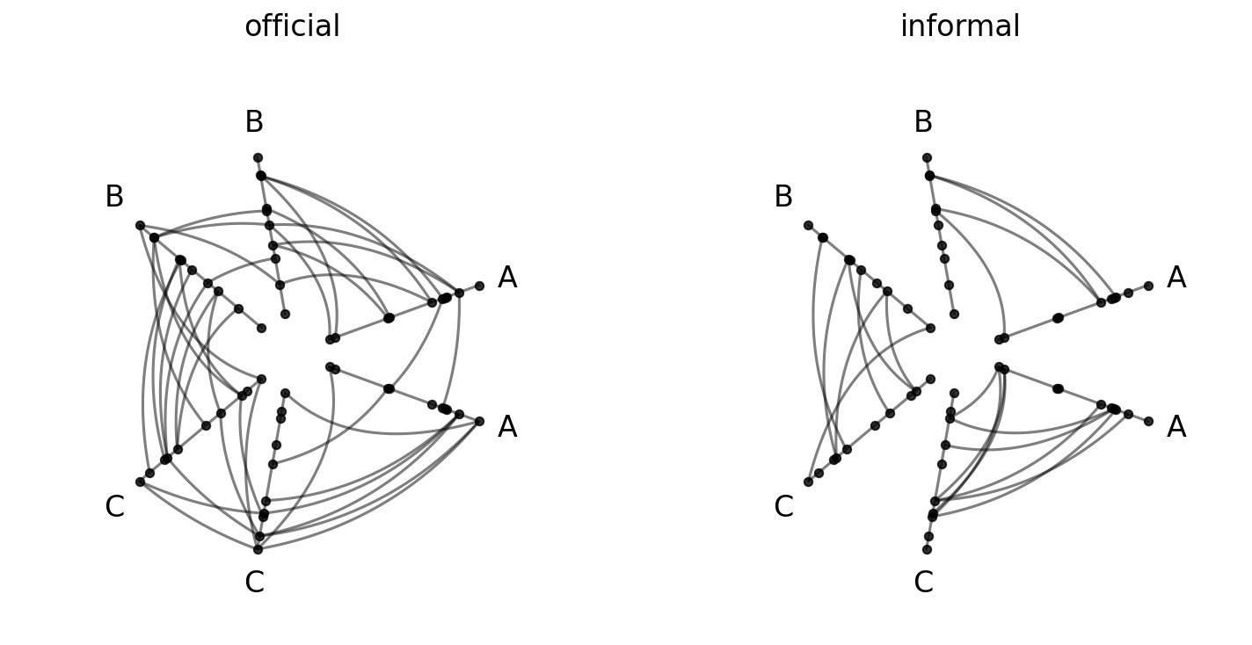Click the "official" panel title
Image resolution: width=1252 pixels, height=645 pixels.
292,26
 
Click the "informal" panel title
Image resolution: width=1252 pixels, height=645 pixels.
960,26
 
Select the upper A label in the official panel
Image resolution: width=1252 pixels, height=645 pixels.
507,278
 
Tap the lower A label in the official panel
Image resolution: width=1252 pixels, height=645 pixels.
507,427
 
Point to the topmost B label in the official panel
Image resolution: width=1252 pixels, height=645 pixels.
254,122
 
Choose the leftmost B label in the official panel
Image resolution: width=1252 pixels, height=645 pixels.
114,197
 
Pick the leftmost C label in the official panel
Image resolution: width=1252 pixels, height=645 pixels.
114,507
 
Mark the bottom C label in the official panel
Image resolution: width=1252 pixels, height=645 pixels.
254,583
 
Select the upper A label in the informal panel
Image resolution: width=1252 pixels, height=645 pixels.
1176,278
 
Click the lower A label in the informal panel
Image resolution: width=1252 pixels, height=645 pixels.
1176,427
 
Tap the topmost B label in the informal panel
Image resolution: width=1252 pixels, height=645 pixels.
923,122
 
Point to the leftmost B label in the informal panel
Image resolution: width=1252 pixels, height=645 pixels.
783,197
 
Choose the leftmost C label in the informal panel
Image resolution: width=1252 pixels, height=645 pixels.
783,507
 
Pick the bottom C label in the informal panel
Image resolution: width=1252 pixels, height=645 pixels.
923,583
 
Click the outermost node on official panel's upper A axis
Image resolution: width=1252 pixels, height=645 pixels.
479,286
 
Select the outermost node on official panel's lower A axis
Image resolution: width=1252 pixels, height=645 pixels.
479,421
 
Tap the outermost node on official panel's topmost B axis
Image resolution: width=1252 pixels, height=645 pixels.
258,158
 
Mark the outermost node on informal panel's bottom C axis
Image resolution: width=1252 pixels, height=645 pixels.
927,549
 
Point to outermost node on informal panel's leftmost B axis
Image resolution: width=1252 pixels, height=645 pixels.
808,226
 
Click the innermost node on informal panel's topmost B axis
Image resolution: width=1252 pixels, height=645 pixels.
954,315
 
